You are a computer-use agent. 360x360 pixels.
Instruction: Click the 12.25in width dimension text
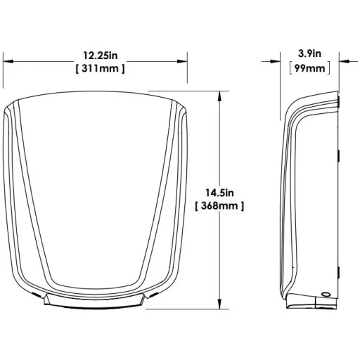[x=101, y=56]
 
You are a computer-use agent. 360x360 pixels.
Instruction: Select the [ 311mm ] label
[x=101, y=69]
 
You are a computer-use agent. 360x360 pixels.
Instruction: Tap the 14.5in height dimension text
[x=219, y=193]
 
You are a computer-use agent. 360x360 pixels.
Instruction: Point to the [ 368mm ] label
[x=219, y=206]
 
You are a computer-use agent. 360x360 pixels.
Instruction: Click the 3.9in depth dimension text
[x=309, y=53]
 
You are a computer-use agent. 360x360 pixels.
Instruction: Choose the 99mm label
[x=309, y=68]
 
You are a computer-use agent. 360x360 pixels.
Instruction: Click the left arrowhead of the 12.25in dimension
[x=8, y=61]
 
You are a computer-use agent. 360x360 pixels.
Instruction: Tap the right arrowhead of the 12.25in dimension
[x=182, y=61]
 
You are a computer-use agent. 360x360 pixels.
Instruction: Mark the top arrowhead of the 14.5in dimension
[x=219, y=96]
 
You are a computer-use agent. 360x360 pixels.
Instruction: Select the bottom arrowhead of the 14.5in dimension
[x=219, y=304]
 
